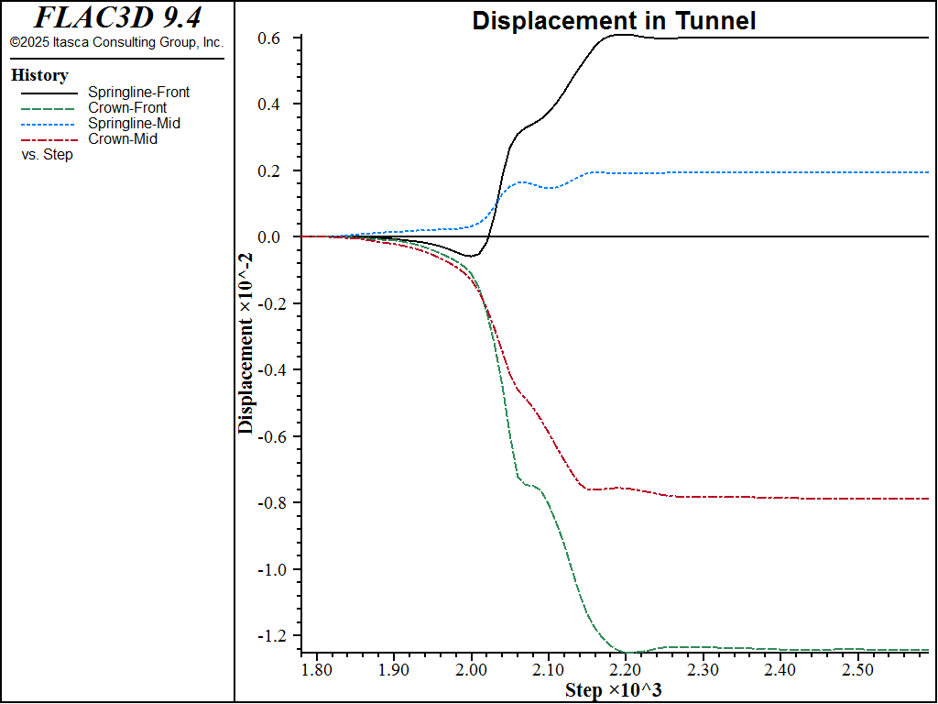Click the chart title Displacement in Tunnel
click(614, 21)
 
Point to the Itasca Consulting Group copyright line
click(116, 42)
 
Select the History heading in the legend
click(39, 75)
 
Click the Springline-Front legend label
click(138, 92)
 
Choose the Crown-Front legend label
click(127, 107)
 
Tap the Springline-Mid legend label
click(134, 123)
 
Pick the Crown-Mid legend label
click(123, 138)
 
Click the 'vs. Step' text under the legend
click(48, 155)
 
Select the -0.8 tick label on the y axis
click(275, 503)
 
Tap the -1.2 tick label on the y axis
click(275, 636)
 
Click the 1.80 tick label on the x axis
click(317, 671)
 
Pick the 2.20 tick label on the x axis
click(626, 671)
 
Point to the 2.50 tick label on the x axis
click(857, 671)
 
